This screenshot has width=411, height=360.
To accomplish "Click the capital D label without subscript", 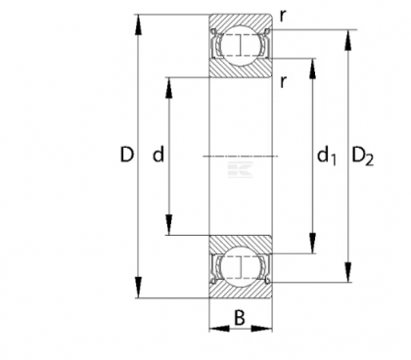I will click(126, 155).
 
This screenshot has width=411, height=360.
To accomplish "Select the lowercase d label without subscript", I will click(157, 155).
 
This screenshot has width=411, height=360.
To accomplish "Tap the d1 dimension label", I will click(327, 156).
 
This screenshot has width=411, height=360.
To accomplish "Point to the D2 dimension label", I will click(364, 156).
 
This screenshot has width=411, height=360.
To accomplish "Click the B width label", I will click(241, 316).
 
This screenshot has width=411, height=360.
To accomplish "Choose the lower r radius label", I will click(282, 80).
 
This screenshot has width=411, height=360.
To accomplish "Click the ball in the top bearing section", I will click(241, 45).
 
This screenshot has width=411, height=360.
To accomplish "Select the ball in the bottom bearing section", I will click(241, 265).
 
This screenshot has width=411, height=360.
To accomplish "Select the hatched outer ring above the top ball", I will click(241, 22).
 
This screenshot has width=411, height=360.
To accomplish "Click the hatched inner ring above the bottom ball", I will click(241, 243).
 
